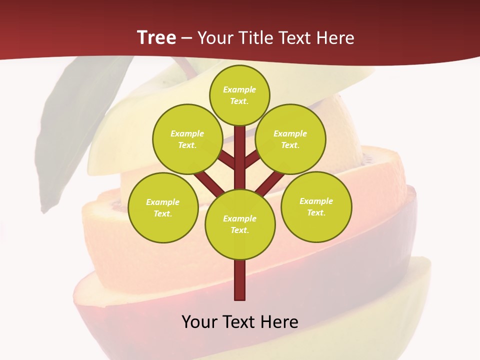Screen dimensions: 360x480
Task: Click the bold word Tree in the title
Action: click(x=156, y=37)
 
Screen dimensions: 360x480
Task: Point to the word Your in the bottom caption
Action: click(x=200, y=321)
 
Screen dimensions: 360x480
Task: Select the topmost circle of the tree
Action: click(x=239, y=95)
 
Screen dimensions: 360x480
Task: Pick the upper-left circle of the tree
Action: click(x=187, y=139)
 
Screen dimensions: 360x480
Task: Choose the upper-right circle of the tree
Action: click(x=290, y=139)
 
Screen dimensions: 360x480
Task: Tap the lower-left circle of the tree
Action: click(x=163, y=207)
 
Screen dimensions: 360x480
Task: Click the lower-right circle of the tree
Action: click(x=316, y=206)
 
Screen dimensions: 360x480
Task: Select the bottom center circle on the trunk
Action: click(x=240, y=224)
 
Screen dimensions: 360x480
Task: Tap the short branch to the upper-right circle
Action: click(x=251, y=160)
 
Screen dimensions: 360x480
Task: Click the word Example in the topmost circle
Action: click(x=239, y=89)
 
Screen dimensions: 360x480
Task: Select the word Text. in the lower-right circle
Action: click(x=316, y=212)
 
